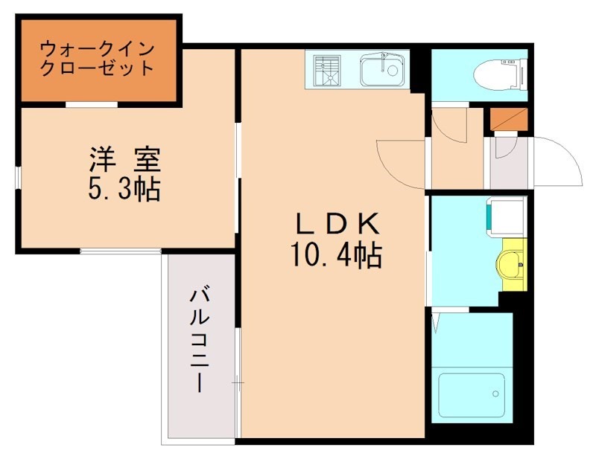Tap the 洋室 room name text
125,159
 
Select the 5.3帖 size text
124,190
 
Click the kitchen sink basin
381,71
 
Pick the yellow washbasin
513,263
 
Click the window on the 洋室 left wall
19,178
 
